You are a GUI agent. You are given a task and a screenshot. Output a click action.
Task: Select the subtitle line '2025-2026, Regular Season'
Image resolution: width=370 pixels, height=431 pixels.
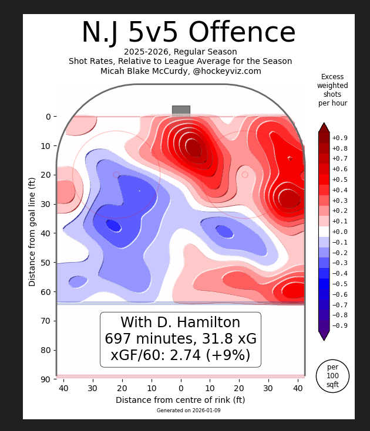(180, 52)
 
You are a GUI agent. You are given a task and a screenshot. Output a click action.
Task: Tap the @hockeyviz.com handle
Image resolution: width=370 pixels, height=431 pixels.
(227, 71)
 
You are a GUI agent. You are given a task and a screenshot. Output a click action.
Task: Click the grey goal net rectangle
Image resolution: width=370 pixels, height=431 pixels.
(181, 111)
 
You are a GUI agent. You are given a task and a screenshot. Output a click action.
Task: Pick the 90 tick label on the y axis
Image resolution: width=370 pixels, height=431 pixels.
(45, 379)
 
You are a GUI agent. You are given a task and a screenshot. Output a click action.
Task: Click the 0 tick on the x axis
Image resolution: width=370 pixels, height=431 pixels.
(181, 388)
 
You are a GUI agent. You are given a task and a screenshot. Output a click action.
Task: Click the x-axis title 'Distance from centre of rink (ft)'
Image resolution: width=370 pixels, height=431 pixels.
(180, 400)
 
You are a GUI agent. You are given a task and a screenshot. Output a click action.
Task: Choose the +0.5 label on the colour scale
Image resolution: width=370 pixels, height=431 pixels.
(339, 179)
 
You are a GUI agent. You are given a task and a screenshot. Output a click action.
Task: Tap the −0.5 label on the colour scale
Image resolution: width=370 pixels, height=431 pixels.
(339, 284)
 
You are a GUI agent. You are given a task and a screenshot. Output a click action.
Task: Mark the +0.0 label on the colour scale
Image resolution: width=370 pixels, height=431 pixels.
(339, 232)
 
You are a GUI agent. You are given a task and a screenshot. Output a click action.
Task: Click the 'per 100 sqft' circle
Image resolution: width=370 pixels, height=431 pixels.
(332, 376)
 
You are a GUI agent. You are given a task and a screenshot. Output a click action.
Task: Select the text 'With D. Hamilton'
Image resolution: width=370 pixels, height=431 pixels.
(180, 323)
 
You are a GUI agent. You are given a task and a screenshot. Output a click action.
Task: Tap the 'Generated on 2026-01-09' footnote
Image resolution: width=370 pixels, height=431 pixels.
(189, 410)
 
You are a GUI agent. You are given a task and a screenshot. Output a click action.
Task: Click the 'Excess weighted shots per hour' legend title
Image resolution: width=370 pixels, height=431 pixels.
(332, 90)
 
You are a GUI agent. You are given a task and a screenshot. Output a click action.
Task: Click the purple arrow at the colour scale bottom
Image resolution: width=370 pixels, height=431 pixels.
(324, 335)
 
